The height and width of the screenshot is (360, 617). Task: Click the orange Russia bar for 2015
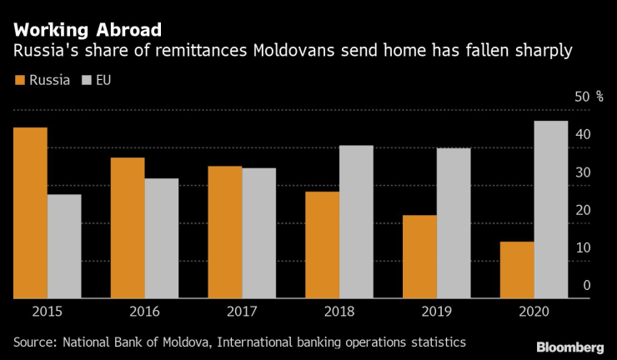30,212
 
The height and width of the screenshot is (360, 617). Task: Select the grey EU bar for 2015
64,246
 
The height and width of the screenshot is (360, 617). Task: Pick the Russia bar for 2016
128,227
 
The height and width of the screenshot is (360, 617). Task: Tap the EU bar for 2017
258,232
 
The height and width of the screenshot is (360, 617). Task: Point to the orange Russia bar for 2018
323,244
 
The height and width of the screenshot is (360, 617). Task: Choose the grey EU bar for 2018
356,222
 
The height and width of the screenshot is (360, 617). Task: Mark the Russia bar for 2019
419,256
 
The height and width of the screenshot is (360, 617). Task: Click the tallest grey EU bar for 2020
550,209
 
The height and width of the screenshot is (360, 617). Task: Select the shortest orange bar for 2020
517,269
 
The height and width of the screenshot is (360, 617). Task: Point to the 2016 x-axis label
144,312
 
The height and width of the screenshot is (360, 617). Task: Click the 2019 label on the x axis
436,312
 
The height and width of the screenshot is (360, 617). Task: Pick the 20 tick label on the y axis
583,210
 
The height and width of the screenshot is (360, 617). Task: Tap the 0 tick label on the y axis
587,285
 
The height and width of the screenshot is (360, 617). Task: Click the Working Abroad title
81,31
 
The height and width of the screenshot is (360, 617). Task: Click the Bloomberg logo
570,346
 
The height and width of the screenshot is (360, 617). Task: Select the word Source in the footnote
34,342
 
